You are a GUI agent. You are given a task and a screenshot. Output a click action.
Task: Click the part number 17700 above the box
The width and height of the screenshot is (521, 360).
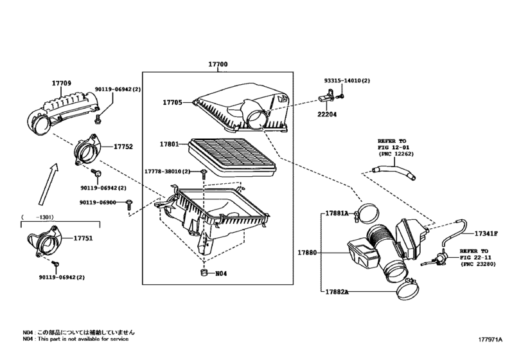coord(218,66)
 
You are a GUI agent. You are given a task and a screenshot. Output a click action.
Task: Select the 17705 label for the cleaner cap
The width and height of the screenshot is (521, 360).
coord(172,102)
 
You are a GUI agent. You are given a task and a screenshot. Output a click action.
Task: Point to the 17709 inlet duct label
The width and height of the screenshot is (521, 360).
coord(62,82)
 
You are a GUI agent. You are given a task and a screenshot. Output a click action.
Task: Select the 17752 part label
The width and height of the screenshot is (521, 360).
coord(123,147)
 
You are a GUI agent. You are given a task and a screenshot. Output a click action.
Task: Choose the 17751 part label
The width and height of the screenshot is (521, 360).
coord(84,238)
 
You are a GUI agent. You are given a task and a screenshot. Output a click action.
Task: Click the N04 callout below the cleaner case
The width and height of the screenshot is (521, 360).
coord(220,274)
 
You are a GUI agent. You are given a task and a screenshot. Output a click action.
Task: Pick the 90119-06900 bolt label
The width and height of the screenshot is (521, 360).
coord(98,202)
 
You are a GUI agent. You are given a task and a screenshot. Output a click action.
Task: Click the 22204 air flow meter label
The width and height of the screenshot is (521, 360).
coord(326,114)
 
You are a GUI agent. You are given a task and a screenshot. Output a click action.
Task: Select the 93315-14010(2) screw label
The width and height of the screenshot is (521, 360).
coord(347,82)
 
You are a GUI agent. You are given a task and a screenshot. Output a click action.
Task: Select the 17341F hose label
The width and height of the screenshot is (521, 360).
coord(486,233)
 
